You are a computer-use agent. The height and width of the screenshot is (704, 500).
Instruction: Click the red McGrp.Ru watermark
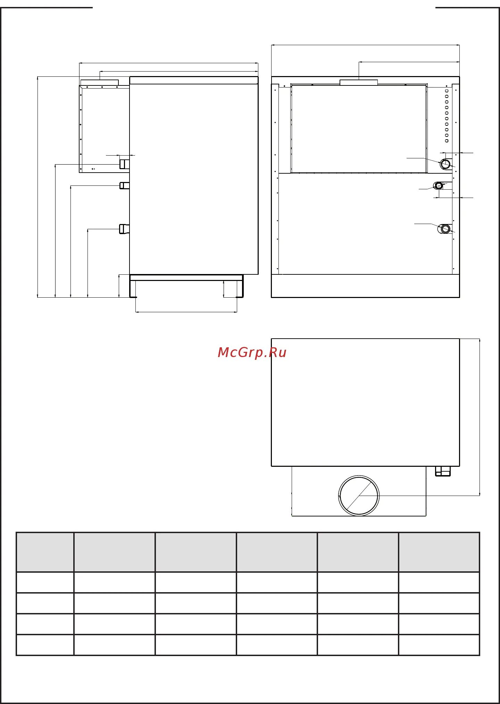tap(252, 352)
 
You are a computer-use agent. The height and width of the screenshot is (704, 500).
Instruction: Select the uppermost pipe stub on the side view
tap(124, 164)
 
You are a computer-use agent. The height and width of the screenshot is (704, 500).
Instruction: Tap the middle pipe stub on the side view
tap(124, 185)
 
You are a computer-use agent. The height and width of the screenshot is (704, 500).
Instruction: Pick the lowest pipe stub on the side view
tap(124, 229)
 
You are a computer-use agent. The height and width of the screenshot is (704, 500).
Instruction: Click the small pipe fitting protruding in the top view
tap(443, 471)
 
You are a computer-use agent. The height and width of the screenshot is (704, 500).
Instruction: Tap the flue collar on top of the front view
tap(359, 82)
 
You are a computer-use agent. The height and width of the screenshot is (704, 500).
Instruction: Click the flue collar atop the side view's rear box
tap(100, 82)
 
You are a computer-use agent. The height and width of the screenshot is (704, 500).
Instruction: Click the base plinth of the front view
tap(365, 286)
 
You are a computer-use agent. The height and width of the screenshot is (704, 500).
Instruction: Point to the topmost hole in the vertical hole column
tap(447, 91)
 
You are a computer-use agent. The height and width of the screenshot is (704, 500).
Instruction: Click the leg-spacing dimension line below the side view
tap(186, 312)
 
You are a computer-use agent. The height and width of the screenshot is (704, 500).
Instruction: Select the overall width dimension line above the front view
tap(365, 45)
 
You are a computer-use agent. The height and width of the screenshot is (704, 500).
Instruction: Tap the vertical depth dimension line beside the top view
tap(480, 417)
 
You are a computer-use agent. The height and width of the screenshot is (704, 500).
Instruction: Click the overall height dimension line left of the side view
tap(37, 187)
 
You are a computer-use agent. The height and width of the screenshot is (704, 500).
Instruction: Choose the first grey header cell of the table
tap(45, 552)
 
